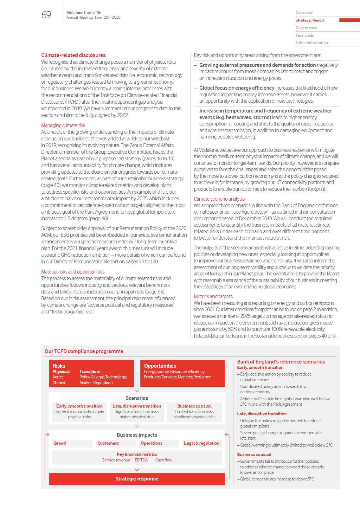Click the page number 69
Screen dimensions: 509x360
click(x=46, y=15)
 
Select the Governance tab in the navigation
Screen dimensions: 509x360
click(x=306, y=28)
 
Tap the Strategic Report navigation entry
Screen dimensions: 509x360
click(x=310, y=20)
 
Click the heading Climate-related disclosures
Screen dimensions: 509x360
click(x=73, y=55)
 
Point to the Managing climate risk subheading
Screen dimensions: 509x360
click(x=63, y=125)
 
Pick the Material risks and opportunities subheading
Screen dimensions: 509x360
click(x=73, y=272)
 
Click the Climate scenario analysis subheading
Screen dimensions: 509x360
click(x=219, y=199)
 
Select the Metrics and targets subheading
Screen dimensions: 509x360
click(x=213, y=296)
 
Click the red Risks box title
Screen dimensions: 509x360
click(x=59, y=366)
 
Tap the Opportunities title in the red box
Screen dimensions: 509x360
click(x=160, y=366)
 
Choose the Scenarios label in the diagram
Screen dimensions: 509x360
click(x=137, y=398)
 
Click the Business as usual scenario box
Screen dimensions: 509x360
click(x=194, y=411)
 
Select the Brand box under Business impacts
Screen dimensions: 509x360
click(x=60, y=443)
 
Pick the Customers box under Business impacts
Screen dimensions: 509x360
click(x=108, y=443)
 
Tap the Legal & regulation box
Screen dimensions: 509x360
click(x=202, y=443)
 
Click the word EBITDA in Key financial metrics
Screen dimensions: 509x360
click(x=141, y=460)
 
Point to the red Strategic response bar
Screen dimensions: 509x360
click(x=137, y=479)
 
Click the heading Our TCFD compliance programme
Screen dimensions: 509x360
click(x=84, y=351)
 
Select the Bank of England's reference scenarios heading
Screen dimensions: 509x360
click(x=281, y=362)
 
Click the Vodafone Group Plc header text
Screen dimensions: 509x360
click(x=84, y=13)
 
